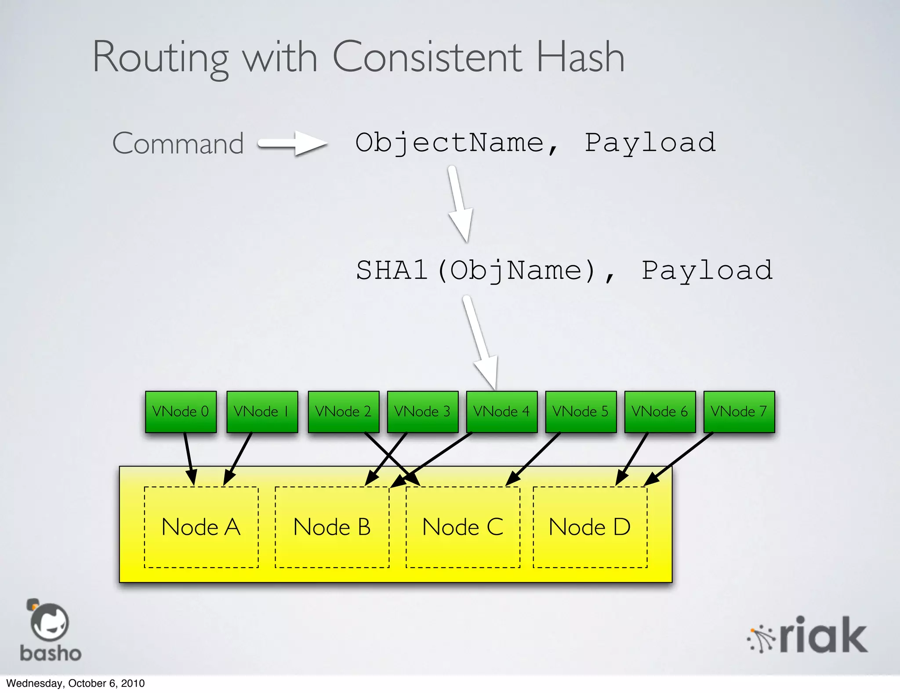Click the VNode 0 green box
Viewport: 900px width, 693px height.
[181, 412]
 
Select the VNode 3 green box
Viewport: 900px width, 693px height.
[422, 412]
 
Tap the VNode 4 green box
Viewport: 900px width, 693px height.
[501, 412]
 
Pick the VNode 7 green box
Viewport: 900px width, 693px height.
[739, 412]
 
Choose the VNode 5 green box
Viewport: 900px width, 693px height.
[581, 412]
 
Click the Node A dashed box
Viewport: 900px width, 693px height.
[201, 527]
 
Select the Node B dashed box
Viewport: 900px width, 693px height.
[332, 527]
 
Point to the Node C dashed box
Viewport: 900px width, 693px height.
[463, 527]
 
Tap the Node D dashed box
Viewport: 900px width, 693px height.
[590, 527]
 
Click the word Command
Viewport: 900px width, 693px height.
[178, 143]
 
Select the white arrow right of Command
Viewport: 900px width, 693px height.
[292, 143]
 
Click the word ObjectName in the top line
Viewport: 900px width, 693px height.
[450, 142]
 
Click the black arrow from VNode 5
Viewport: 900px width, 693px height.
[533, 460]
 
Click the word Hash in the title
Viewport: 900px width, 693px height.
[580, 57]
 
